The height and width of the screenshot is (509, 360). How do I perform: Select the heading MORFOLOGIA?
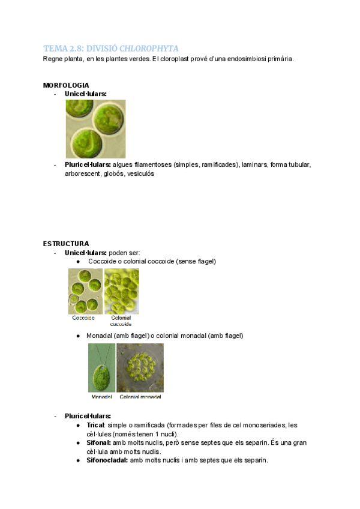point(66,85)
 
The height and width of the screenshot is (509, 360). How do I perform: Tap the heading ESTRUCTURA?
point(66,244)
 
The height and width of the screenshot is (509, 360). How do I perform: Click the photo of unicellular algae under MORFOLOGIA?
point(95,129)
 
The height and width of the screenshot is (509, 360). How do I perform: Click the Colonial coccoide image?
point(121,291)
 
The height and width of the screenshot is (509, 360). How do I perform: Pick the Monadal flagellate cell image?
point(101,368)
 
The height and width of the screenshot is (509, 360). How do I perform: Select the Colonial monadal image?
point(140,368)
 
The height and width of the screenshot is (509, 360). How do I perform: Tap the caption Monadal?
point(101,397)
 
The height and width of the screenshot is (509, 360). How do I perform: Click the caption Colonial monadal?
point(140,397)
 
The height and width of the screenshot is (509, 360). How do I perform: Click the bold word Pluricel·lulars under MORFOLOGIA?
point(88,164)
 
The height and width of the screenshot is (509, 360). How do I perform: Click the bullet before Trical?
point(79,425)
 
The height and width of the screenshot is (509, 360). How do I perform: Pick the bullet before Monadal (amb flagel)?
point(79,336)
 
